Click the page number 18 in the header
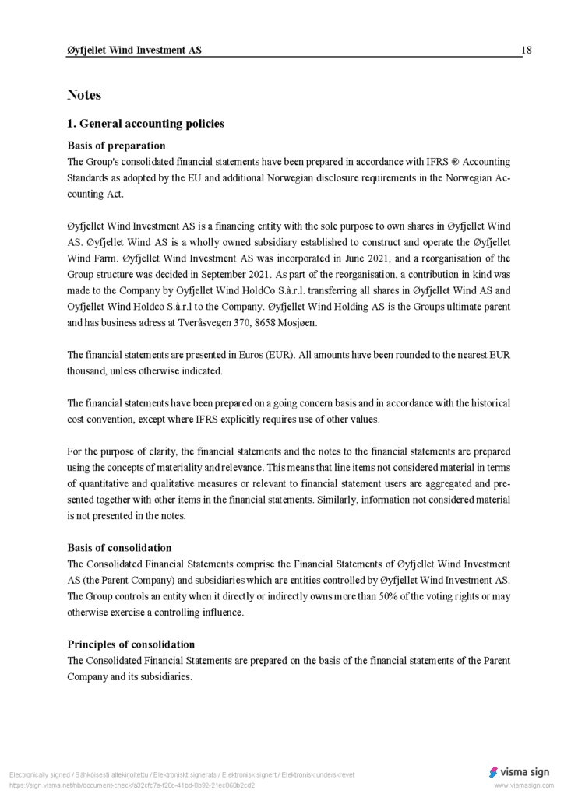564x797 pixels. coord(527,51)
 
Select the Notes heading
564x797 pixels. coord(84,95)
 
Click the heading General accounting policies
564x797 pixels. coord(146,124)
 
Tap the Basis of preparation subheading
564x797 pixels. coord(116,146)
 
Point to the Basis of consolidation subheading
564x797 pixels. coord(119,547)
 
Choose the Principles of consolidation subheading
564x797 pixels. coord(131,644)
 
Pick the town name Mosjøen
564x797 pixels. coord(301,323)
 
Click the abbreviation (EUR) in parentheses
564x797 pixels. coord(280,355)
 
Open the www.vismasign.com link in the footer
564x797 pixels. coord(523,785)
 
